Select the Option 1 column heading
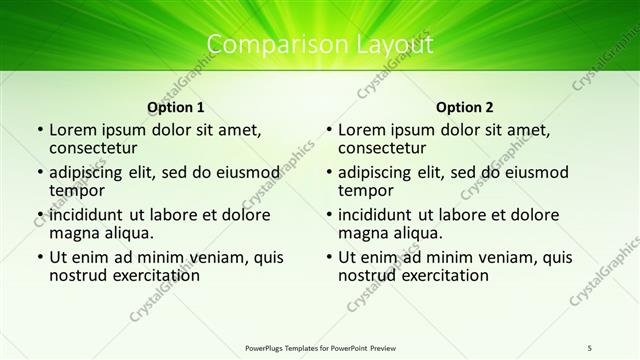point(176,107)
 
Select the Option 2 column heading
point(465,107)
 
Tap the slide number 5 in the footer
point(590,347)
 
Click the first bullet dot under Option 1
point(39,130)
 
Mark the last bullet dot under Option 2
point(328,257)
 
